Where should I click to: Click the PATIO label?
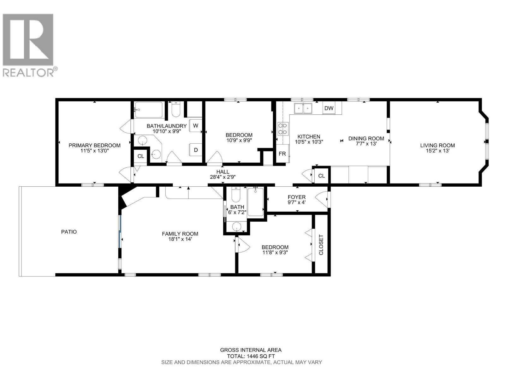(x=69, y=232)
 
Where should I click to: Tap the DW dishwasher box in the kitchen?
(x=329, y=108)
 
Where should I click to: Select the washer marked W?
(x=196, y=125)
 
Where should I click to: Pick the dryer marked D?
(x=196, y=150)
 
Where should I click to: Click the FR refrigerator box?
(x=282, y=153)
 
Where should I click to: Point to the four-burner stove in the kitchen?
(x=282, y=129)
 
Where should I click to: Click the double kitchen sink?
(x=303, y=108)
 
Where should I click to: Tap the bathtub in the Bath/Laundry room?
(x=149, y=110)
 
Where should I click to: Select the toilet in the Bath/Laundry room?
(x=176, y=110)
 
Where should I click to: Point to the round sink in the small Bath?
(x=236, y=227)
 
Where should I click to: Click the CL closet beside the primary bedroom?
(x=140, y=156)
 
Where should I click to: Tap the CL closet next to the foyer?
(x=321, y=176)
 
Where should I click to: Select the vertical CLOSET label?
(x=321, y=244)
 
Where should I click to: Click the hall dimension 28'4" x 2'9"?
(x=223, y=177)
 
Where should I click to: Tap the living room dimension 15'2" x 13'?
(x=437, y=151)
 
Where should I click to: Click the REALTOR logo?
(x=30, y=45)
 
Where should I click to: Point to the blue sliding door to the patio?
(x=120, y=231)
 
